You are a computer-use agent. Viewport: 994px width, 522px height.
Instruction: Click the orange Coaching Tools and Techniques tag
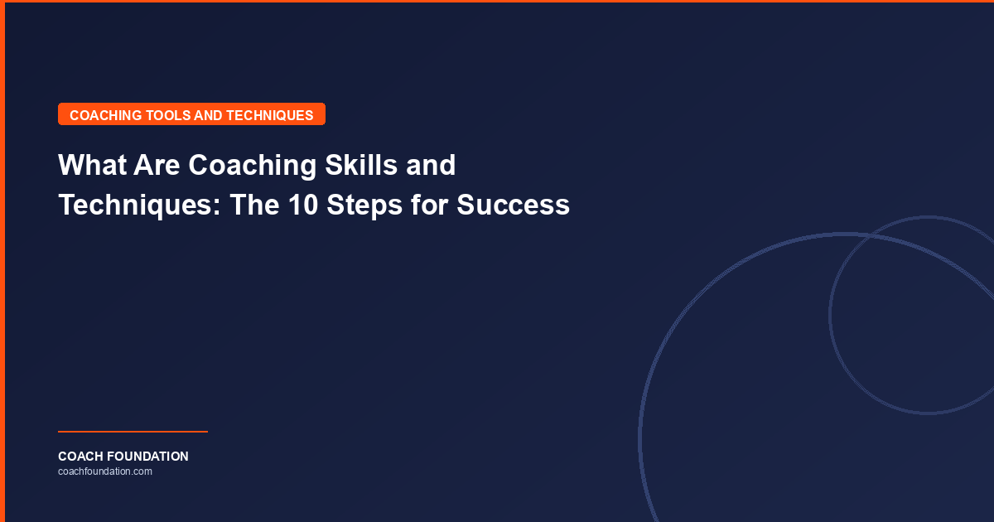(191, 114)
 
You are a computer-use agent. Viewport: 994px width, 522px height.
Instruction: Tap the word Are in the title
(157, 166)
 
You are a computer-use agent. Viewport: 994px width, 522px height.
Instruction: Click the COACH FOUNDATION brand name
(123, 457)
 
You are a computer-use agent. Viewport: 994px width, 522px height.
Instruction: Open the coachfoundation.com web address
(105, 471)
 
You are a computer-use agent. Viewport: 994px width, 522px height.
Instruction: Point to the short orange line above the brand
(133, 432)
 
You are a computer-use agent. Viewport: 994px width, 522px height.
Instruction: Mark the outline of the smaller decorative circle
(831, 315)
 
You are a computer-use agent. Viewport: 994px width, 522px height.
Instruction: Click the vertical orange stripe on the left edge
(2, 261)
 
